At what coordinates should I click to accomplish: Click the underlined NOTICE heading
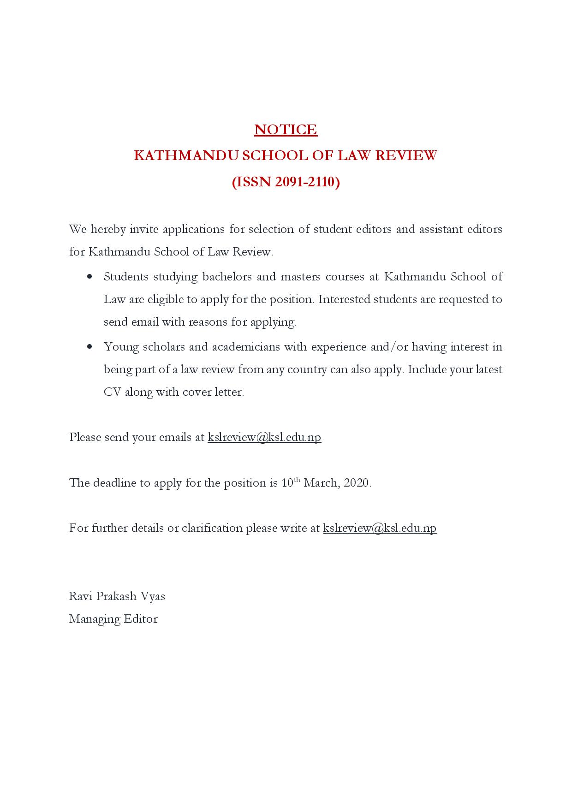pos(286,130)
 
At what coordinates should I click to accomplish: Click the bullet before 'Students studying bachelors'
pos(89,277)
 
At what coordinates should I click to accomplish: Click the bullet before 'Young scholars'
pos(89,347)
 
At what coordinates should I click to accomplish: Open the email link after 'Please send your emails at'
pos(264,437)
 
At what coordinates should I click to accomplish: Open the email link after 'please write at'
pos(380,528)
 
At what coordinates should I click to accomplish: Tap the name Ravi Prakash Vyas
pos(117,596)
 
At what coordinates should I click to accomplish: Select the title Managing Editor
pos(113,619)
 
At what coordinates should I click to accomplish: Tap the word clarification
pos(212,528)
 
